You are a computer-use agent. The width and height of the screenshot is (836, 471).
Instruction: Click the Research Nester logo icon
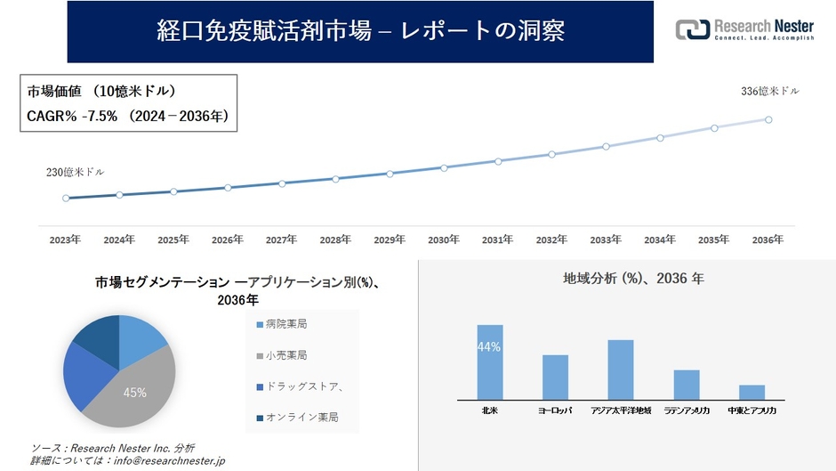pyautogui.click(x=693, y=29)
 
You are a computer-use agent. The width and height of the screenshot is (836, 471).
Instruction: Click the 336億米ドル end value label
pyautogui.click(x=770, y=92)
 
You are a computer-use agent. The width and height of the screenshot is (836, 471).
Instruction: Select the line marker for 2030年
pyautogui.click(x=444, y=167)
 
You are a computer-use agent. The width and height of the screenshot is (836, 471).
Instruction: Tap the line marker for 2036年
pyautogui.click(x=768, y=119)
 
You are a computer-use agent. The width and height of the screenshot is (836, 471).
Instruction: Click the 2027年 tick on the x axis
pyautogui.click(x=281, y=240)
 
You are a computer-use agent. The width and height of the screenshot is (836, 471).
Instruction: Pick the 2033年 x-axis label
pyautogui.click(x=606, y=240)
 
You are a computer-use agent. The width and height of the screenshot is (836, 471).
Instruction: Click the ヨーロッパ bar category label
pyautogui.click(x=555, y=411)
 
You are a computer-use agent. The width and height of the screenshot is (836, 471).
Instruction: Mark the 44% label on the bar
pyautogui.click(x=489, y=347)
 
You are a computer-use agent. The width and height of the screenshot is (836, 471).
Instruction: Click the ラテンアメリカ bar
pyautogui.click(x=687, y=385)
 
